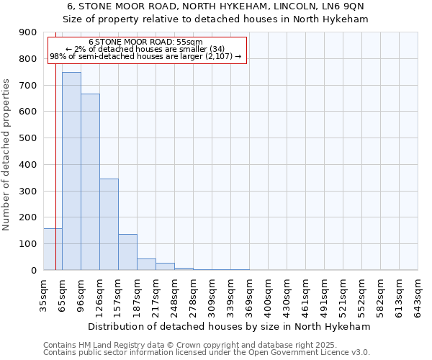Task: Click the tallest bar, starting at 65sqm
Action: (x=71, y=171)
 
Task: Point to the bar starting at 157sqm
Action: (x=127, y=252)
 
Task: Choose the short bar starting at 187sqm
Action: (x=146, y=264)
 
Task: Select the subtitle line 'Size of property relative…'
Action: (x=215, y=19)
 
